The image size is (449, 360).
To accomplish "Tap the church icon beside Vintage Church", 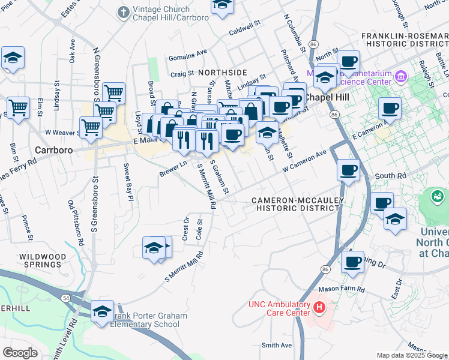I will coord(124,11).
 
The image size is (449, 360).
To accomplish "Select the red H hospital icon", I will coord(319,308).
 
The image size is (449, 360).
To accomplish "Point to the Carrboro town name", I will coord(54,150).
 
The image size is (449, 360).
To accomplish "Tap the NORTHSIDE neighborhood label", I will coord(206,72).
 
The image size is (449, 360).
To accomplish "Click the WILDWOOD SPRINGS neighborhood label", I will coord(42,260).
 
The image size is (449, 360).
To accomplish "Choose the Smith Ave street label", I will coord(276,345).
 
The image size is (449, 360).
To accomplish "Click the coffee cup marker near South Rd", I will coord(348,170).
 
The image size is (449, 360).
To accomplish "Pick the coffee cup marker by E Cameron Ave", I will coord(390,109).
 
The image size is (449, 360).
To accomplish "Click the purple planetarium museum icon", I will coord(401,76).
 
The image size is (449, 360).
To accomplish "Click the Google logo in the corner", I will coord(20,352).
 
